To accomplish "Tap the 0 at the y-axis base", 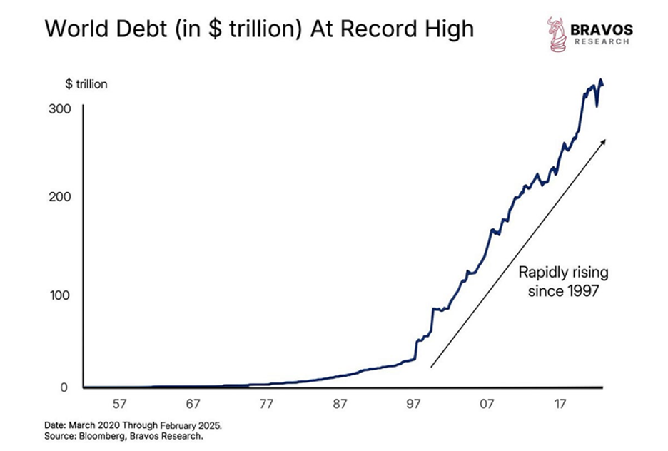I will point(63,388).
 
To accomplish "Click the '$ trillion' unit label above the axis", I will point(86,84).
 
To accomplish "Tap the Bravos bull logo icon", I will point(557,34).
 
